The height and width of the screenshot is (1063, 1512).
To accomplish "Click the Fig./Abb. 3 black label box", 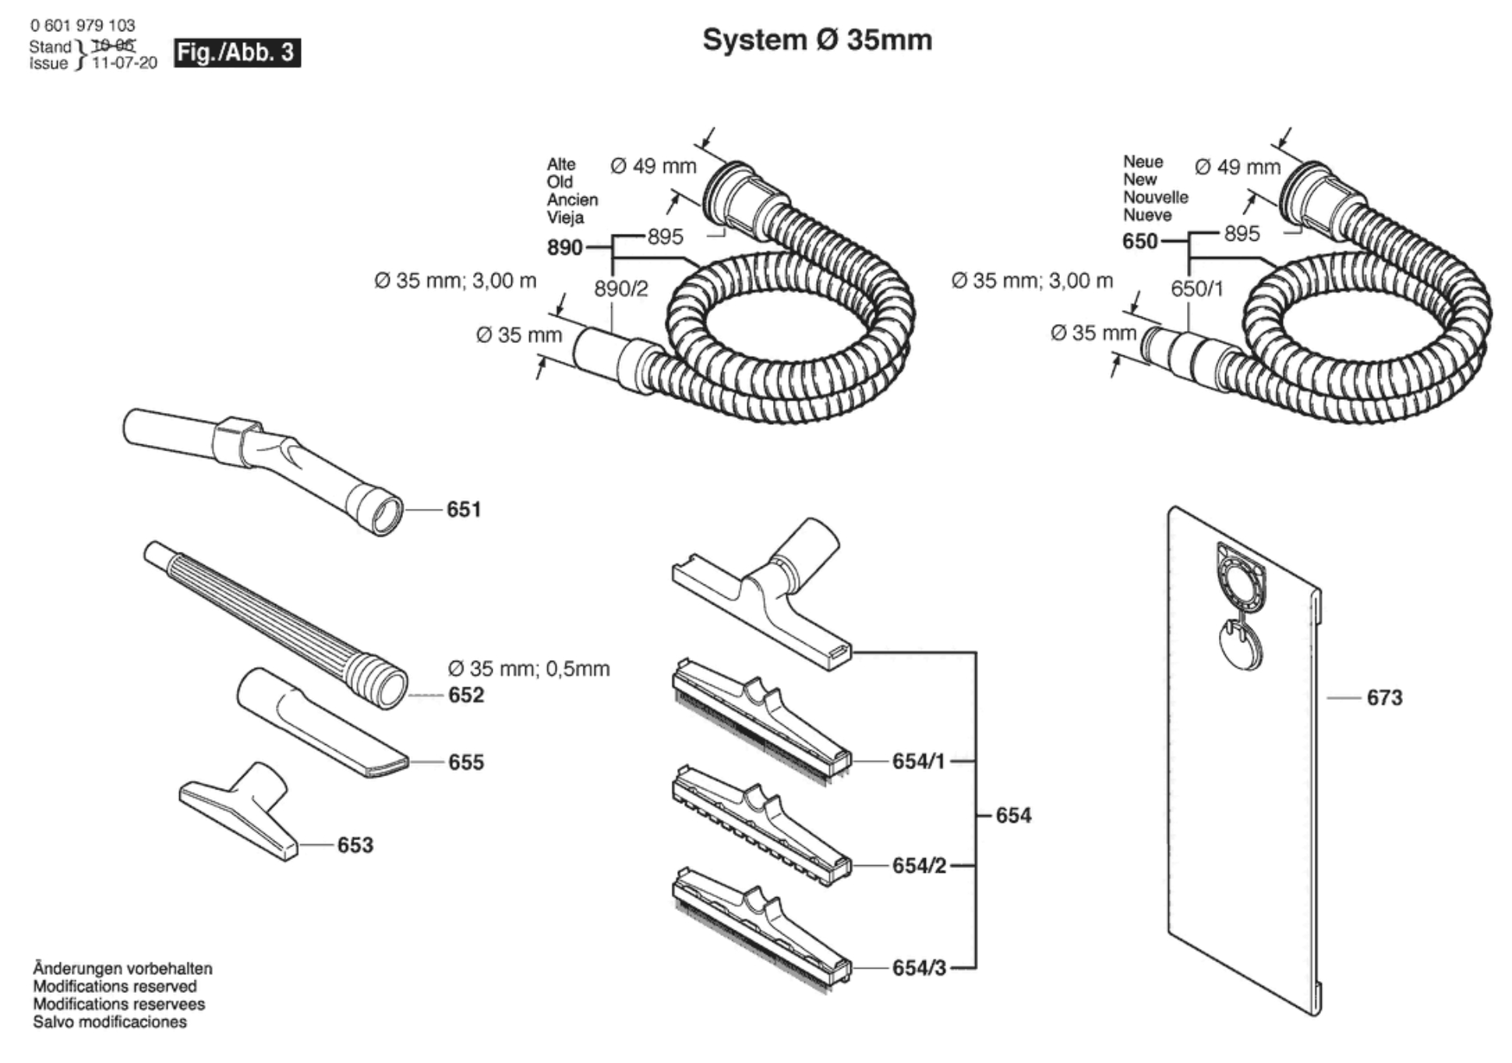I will click(236, 53).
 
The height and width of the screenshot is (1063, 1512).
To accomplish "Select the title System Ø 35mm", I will click(817, 40).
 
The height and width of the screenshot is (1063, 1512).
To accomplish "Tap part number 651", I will click(464, 510).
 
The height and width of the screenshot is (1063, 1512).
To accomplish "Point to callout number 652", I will click(466, 695).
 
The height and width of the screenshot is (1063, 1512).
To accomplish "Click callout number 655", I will click(466, 762).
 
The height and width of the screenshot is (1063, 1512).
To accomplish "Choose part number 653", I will click(355, 845).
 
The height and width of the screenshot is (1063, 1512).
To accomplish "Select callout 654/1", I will click(918, 761).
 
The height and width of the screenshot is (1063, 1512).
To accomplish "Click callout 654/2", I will click(919, 866).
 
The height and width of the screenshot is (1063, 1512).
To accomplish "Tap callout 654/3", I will click(919, 968).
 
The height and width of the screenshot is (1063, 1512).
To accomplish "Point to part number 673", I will click(1384, 697).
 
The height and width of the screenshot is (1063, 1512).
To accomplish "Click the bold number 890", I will click(564, 248).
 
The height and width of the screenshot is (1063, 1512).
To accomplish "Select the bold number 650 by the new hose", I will click(1139, 242).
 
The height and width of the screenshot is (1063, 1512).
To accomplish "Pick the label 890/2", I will click(621, 289).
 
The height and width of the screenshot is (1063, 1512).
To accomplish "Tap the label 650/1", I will click(1196, 289).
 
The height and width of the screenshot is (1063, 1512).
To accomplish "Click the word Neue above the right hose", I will click(1143, 161).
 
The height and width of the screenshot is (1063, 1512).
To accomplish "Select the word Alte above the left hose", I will click(561, 164).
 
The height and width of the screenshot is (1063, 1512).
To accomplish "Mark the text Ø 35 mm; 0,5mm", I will click(528, 669).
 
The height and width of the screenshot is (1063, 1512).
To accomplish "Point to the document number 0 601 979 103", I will click(83, 26).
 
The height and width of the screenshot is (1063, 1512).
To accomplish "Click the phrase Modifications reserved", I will click(115, 987).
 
